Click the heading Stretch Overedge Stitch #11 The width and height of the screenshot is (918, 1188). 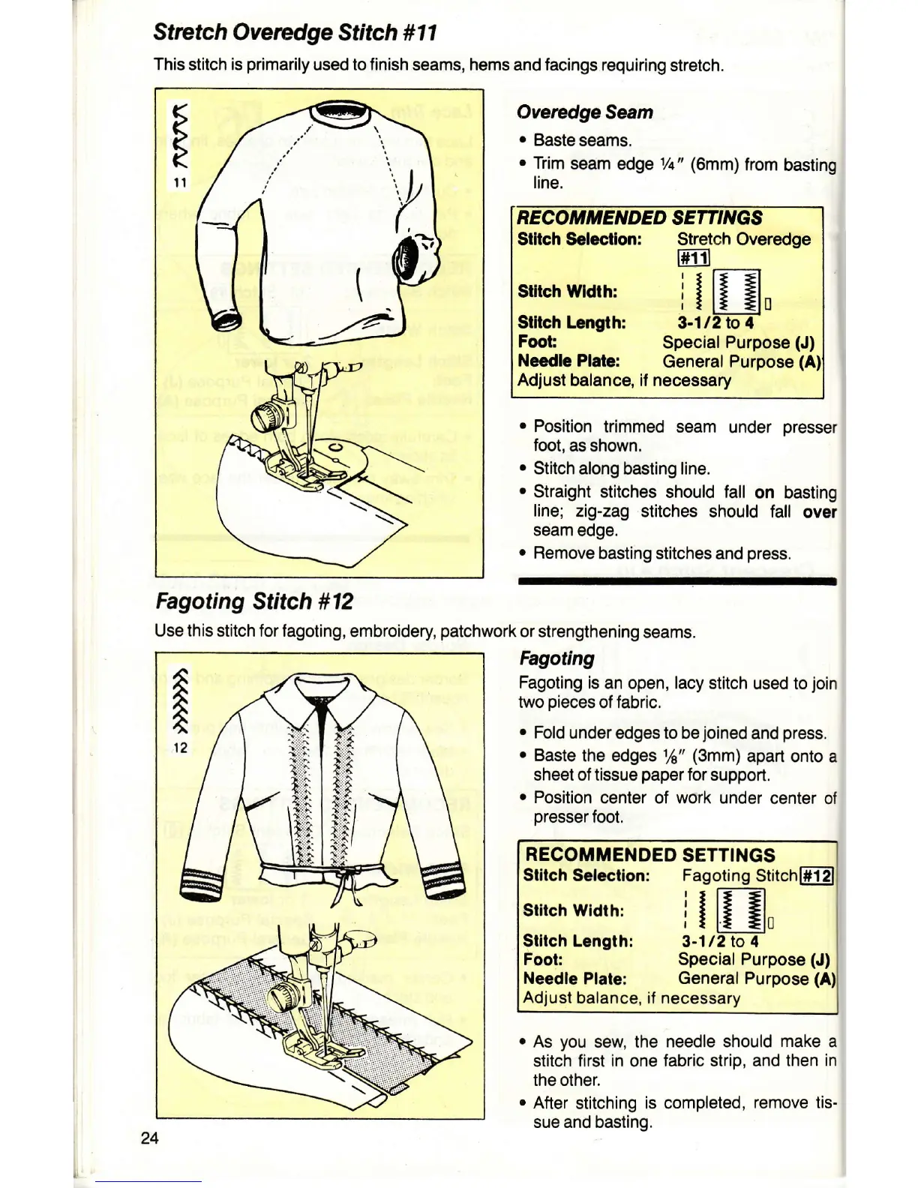tap(294, 33)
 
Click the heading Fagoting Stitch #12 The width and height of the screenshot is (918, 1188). tap(253, 601)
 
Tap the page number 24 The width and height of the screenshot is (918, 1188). tap(149, 1138)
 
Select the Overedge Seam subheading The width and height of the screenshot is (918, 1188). tap(584, 112)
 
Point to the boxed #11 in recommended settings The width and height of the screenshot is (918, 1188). tap(693, 258)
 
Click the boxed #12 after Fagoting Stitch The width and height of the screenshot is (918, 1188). tap(817, 876)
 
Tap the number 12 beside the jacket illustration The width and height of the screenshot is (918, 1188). tap(181, 748)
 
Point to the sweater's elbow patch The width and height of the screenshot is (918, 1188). tap(410, 258)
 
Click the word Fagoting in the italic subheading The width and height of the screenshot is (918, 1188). tap(556, 658)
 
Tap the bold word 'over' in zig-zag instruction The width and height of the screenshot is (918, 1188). tap(819, 511)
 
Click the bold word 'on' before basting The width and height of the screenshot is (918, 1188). tap(764, 492)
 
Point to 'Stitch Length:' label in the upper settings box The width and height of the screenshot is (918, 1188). tap(571, 322)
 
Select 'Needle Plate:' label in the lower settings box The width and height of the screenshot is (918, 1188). tap(574, 979)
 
